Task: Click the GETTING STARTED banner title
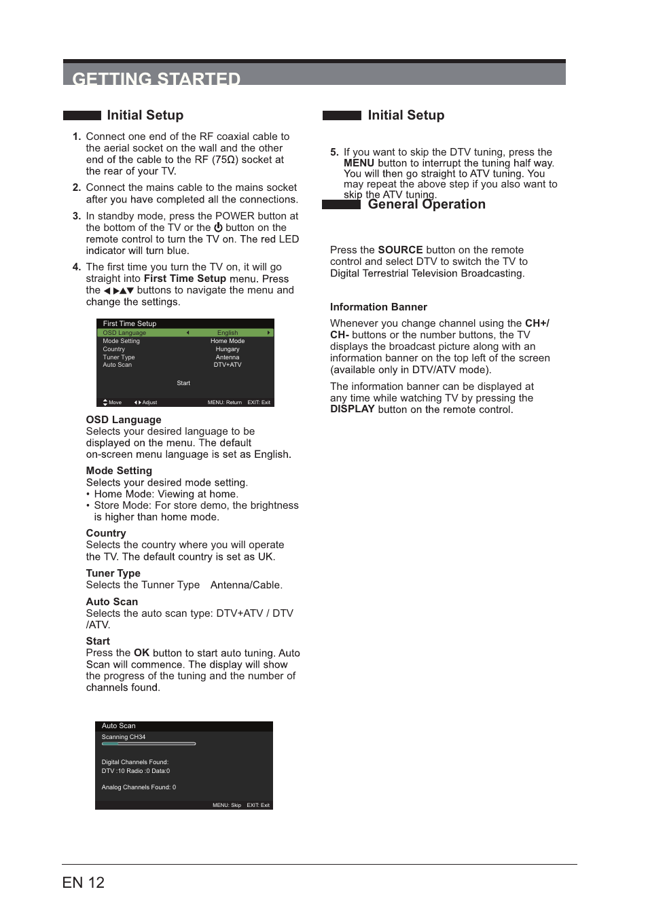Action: click(156, 78)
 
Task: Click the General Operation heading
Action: click(426, 204)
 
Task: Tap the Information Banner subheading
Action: click(378, 307)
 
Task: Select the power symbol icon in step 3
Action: click(218, 228)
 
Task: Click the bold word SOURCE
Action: click(400, 250)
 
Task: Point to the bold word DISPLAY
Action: click(352, 409)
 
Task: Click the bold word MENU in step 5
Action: click(359, 163)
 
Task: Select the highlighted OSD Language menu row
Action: click(185, 333)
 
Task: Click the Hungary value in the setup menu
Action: click(228, 349)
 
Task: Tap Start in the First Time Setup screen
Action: click(183, 383)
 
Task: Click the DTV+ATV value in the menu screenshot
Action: click(228, 365)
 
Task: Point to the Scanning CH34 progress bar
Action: click(149, 744)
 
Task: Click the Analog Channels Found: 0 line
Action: click(139, 787)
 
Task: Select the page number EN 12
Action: click(83, 882)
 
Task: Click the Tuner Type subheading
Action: click(113, 573)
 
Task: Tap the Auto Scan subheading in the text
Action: click(111, 602)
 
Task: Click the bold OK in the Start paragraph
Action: click(141, 653)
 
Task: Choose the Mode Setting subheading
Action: click(119, 471)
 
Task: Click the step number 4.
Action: click(76, 267)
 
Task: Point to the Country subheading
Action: click(106, 533)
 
